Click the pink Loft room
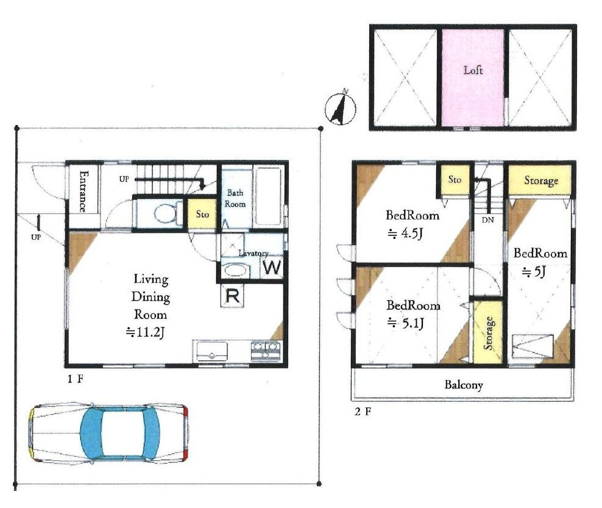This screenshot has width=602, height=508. (x=473, y=77)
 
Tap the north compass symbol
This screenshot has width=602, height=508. (x=341, y=109)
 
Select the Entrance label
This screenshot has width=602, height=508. (x=83, y=191)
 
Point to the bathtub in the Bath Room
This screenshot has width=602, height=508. (x=268, y=196)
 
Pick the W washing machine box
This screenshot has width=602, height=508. (x=272, y=267)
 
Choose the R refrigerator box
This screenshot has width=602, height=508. (x=232, y=296)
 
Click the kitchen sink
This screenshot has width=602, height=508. (x=211, y=351)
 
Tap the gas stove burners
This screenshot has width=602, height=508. (x=265, y=351)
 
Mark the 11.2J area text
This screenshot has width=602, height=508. (x=146, y=332)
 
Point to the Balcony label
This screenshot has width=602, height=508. (x=464, y=385)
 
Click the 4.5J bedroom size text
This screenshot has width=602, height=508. (x=405, y=233)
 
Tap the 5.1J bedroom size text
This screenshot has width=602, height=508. (x=406, y=323)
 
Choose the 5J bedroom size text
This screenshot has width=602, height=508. (x=534, y=272)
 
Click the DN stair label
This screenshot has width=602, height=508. (x=487, y=220)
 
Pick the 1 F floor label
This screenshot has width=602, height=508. (x=76, y=379)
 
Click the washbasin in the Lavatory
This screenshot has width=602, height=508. (x=236, y=270)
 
